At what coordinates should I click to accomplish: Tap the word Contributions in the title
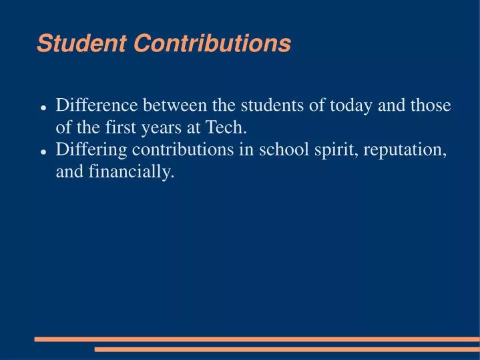212,44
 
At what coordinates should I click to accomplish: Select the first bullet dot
43,108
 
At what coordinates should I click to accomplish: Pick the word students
270,106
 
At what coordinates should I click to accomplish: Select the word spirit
328,150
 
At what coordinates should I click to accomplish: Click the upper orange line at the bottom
257,339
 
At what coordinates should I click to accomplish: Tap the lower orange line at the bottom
287,349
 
